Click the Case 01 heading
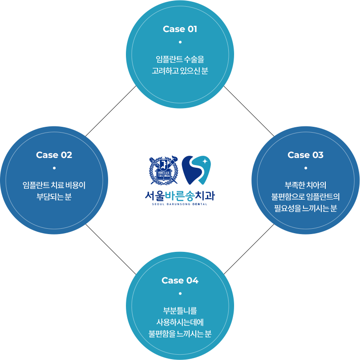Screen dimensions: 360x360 tap(180, 29)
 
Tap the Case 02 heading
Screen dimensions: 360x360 tap(54, 155)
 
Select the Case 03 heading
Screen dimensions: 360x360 tap(305, 155)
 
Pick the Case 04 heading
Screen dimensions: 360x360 tap(180, 280)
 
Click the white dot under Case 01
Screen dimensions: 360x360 tap(180, 42)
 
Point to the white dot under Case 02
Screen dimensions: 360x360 tap(54, 168)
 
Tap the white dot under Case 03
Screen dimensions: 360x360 tap(306, 168)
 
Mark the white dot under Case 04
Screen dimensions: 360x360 tap(180, 294)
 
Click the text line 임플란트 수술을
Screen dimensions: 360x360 tap(180, 59)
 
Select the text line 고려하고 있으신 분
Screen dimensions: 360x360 tap(180, 71)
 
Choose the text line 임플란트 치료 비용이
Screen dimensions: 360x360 tap(54, 185)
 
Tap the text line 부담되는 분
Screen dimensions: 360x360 tap(54, 197)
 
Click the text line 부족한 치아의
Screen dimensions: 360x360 tap(305, 185)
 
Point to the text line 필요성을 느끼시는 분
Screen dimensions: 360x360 tap(305, 208)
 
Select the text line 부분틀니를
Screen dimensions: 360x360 tap(180, 311)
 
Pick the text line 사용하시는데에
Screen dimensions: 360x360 tap(180, 322)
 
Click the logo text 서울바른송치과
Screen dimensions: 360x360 tap(180, 195)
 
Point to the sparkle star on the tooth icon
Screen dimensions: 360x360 tap(205, 161)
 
